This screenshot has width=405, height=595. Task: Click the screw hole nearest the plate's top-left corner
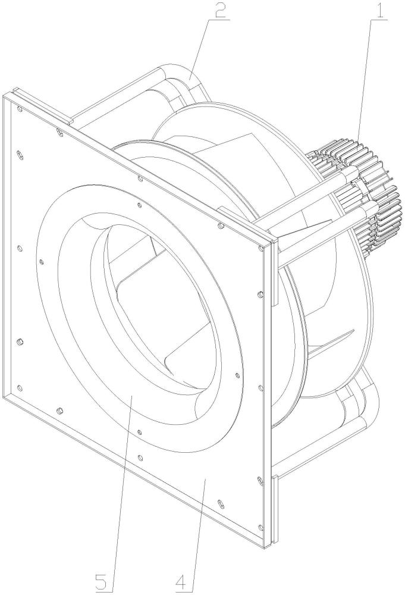pos(20,109)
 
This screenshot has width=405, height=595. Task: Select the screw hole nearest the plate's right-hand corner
pos(260,249)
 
